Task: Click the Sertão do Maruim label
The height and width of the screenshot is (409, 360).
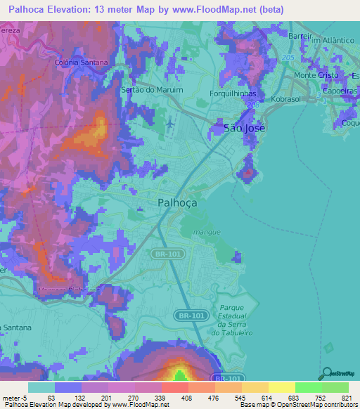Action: click(x=152, y=90)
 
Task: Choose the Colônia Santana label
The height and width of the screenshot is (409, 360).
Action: click(x=82, y=63)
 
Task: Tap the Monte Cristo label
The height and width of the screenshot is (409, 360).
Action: click(x=315, y=75)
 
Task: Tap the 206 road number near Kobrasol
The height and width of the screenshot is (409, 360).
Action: click(x=252, y=103)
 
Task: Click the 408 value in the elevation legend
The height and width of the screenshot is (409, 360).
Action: click(x=174, y=398)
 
